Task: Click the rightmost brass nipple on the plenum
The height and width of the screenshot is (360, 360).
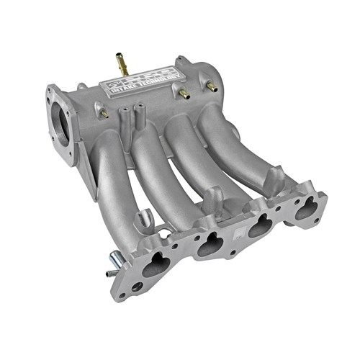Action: pyautogui.click(x=211, y=86)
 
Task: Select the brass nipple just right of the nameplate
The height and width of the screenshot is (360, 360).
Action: pyautogui.click(x=184, y=94)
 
